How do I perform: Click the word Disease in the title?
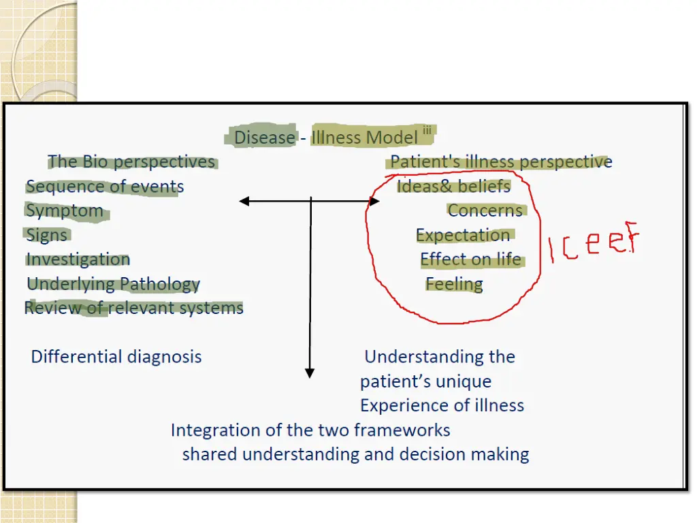click(x=264, y=138)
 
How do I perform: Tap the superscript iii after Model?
click(x=427, y=131)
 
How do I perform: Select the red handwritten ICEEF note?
click(x=594, y=244)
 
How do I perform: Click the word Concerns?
click(x=485, y=210)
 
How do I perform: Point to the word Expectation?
click(x=463, y=235)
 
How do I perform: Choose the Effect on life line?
click(x=470, y=259)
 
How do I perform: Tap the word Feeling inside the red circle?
click(x=454, y=284)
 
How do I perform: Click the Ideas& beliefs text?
click(x=453, y=186)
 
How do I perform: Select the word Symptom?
click(x=65, y=210)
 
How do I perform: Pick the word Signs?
click(x=47, y=235)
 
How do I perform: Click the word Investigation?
click(x=78, y=259)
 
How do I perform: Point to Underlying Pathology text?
click(x=113, y=284)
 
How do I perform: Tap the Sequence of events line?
click(x=105, y=186)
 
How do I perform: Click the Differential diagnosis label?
click(x=116, y=356)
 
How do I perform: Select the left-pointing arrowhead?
click(x=244, y=201)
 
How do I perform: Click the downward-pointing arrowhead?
click(x=310, y=373)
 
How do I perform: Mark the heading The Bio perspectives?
click(x=131, y=161)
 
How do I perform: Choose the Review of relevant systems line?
click(x=133, y=308)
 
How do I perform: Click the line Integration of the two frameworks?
click(x=310, y=430)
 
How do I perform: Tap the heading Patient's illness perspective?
click(x=501, y=162)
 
